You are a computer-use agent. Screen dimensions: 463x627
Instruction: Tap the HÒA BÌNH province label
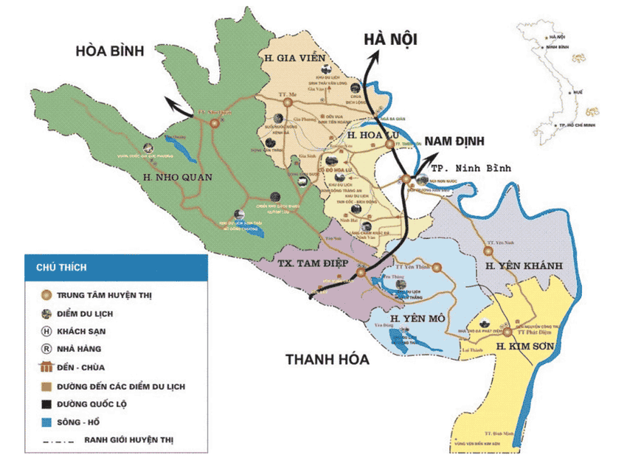119,52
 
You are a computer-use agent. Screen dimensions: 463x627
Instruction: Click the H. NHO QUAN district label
179,177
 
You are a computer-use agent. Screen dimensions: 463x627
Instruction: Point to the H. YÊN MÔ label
417,318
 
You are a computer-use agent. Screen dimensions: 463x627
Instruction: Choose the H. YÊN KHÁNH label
524,265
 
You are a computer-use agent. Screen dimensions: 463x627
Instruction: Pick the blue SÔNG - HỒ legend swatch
46,422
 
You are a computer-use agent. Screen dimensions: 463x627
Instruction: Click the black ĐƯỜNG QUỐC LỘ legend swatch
46,404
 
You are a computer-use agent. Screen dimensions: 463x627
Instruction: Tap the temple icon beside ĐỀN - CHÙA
46,367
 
